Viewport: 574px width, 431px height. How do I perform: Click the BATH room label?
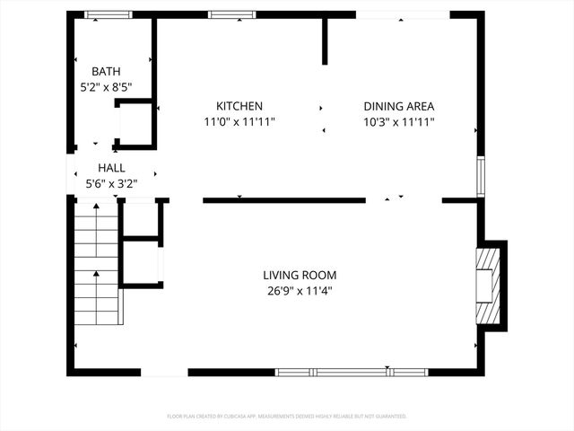tap(106, 72)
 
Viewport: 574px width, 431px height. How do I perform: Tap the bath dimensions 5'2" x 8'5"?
tap(106, 88)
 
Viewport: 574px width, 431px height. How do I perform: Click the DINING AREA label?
tap(399, 105)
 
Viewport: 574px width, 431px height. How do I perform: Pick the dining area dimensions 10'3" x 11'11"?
tap(399, 121)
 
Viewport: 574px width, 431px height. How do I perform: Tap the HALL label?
tap(111, 168)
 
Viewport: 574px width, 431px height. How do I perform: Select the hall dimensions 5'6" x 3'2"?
tap(111, 184)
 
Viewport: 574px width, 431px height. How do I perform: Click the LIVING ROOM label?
tap(300, 275)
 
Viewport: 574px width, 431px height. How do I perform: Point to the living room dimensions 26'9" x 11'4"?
tap(300, 291)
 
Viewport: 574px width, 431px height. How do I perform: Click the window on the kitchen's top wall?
tap(226, 14)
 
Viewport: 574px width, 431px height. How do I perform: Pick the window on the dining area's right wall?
tap(481, 177)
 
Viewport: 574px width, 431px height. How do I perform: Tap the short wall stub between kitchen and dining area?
tap(325, 40)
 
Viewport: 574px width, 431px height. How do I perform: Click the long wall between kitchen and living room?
tap(283, 200)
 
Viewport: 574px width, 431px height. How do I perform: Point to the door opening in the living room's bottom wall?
tap(165, 372)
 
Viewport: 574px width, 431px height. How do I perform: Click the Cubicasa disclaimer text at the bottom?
tap(287, 417)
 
